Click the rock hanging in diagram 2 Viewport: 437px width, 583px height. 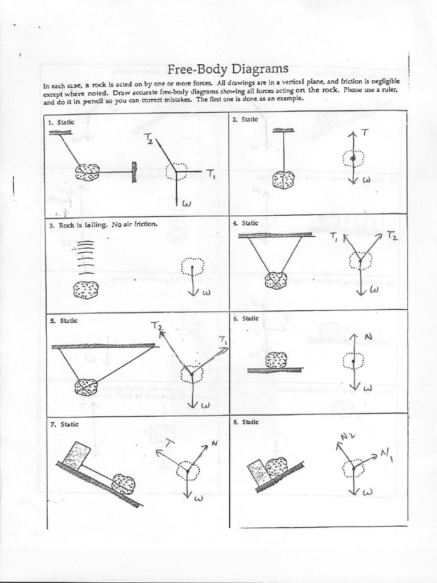pyautogui.click(x=283, y=180)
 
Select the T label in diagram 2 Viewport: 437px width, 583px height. pyautogui.click(x=365, y=132)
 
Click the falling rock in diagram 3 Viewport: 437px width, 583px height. pyautogui.click(x=85, y=290)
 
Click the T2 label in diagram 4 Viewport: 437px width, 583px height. pyautogui.click(x=392, y=235)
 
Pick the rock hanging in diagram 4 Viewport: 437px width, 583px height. pyautogui.click(x=276, y=280)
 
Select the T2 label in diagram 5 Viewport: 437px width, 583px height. pyautogui.click(x=157, y=326)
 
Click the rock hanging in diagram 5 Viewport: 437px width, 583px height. pyautogui.click(x=86, y=387)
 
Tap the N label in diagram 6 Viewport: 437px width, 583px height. pyautogui.click(x=368, y=336)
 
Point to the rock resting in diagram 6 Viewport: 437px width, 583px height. pyautogui.click(x=277, y=360)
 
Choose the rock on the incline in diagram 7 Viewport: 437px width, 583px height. pyautogui.click(x=123, y=484)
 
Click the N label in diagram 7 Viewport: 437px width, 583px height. pyautogui.click(x=214, y=443)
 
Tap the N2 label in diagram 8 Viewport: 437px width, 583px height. pyautogui.click(x=348, y=437)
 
